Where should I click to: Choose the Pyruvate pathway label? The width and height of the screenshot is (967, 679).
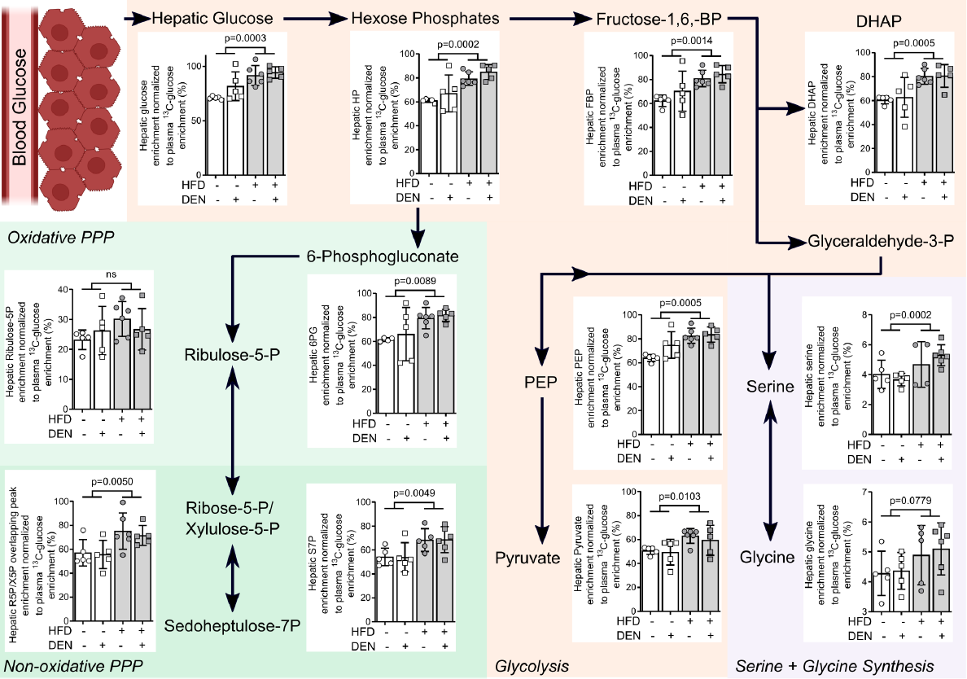[x=527, y=558]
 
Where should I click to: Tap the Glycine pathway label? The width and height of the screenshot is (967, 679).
[x=768, y=557]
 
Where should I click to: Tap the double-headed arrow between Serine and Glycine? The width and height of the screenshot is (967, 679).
[x=768, y=469]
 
